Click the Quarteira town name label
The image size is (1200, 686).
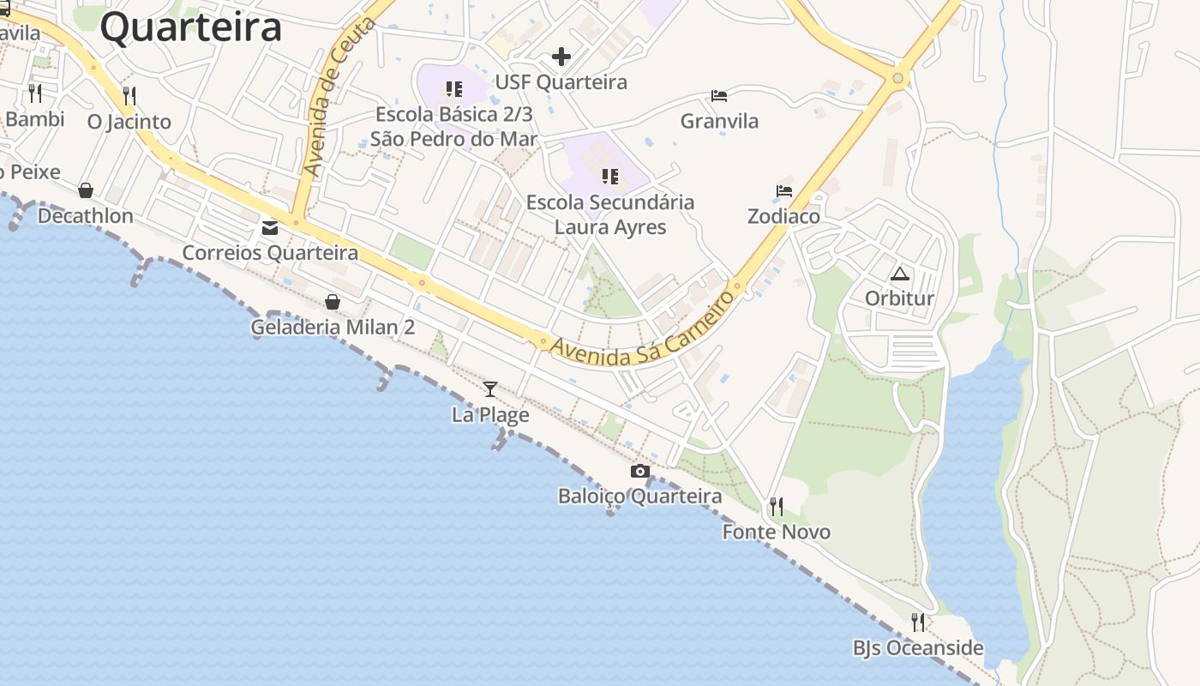[x=190, y=27]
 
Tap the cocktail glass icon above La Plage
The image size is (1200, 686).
[x=490, y=389]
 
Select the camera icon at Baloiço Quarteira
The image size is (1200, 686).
[x=639, y=471]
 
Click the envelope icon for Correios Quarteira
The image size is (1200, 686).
[x=270, y=228]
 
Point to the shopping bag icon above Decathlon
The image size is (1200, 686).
[x=86, y=190]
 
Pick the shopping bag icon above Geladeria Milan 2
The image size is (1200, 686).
[x=333, y=302]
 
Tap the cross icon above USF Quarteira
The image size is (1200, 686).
[x=561, y=57]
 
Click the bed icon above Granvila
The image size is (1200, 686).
[x=719, y=96]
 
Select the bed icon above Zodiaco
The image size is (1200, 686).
[x=784, y=191]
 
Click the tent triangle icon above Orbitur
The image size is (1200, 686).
[x=899, y=274]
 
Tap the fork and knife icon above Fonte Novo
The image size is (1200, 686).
[x=776, y=507]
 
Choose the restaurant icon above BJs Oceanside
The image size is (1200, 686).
[x=918, y=622]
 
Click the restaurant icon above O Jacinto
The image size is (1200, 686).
[x=129, y=95]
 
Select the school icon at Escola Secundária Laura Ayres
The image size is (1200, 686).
[x=609, y=177]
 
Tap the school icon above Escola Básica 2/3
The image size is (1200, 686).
[x=454, y=88]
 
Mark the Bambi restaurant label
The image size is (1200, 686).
[x=34, y=119]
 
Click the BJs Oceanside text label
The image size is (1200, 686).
[x=918, y=648]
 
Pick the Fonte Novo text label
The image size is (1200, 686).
[x=777, y=533]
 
